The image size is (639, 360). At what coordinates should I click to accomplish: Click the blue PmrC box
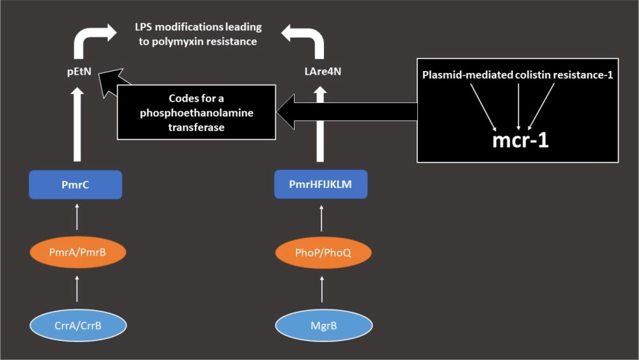coord(76,185)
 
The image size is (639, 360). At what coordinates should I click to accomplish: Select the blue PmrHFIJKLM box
coord(321,184)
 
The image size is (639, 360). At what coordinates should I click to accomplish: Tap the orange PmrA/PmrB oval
coord(77,254)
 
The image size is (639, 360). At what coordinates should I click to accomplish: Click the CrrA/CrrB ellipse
coord(77,326)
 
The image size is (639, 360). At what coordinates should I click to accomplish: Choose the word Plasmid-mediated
coord(466,75)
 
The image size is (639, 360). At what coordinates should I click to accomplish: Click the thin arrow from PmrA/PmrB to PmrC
coord(77,217)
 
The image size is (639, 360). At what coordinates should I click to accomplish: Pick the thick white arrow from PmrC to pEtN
coord(77,125)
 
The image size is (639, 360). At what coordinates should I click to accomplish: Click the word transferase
coord(197,127)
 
